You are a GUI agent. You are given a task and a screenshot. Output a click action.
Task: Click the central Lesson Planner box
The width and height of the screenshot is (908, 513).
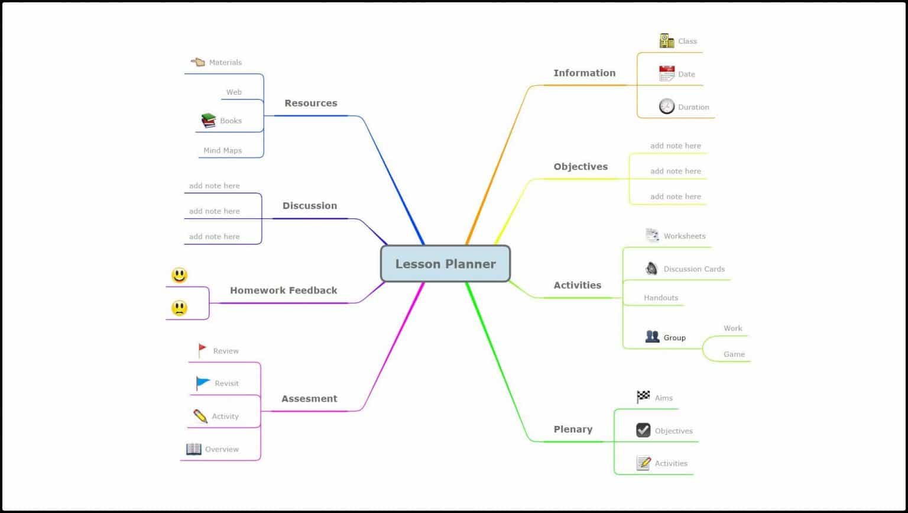445,264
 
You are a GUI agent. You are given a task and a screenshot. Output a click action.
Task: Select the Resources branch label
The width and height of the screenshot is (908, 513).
310,103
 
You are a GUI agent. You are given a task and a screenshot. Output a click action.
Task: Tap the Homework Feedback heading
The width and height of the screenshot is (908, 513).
283,291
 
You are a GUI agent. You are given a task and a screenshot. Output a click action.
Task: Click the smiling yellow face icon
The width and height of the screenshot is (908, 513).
179,275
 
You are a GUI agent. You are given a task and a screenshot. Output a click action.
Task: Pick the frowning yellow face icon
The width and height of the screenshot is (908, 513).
179,308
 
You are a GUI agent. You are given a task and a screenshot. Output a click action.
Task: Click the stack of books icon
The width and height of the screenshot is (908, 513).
208,121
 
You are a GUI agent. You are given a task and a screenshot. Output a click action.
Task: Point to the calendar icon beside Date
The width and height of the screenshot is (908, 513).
667,73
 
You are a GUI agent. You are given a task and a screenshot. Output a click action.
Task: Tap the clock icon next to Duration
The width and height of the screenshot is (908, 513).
667,107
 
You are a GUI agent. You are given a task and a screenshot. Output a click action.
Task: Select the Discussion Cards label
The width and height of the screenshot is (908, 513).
693,269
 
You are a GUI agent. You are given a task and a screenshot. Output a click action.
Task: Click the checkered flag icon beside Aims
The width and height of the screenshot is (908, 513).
643,397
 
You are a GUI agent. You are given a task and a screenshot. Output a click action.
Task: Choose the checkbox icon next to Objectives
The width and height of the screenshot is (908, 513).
643,430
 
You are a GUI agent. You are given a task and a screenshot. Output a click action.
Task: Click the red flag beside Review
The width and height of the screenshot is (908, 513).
202,350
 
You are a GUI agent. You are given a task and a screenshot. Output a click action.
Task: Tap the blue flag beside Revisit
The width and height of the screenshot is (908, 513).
203,383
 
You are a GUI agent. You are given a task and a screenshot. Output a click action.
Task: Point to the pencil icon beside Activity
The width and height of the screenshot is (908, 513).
200,416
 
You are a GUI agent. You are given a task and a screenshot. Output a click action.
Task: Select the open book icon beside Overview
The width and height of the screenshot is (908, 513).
194,449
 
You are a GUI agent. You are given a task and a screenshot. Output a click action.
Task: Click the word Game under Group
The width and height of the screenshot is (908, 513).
734,354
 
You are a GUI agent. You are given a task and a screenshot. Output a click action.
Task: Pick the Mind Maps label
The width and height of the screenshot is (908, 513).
222,151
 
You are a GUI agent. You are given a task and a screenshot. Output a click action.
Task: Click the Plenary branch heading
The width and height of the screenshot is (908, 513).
572,430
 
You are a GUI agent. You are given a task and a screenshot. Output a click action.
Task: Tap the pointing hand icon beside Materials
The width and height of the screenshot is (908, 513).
198,62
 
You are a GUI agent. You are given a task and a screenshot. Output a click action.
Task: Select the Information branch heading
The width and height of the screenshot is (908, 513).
584,73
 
